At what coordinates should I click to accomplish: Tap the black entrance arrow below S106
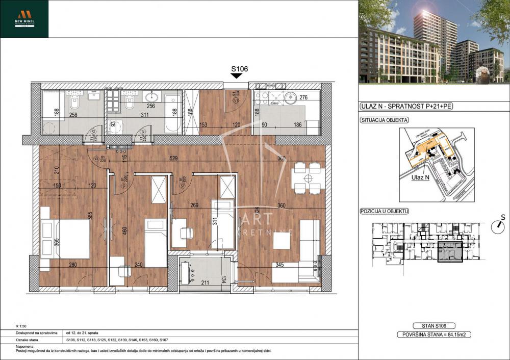(236, 76)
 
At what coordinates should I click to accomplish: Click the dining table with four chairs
(308, 178)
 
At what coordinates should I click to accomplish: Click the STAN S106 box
(433, 326)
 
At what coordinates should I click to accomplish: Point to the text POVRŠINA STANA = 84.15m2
(433, 335)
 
